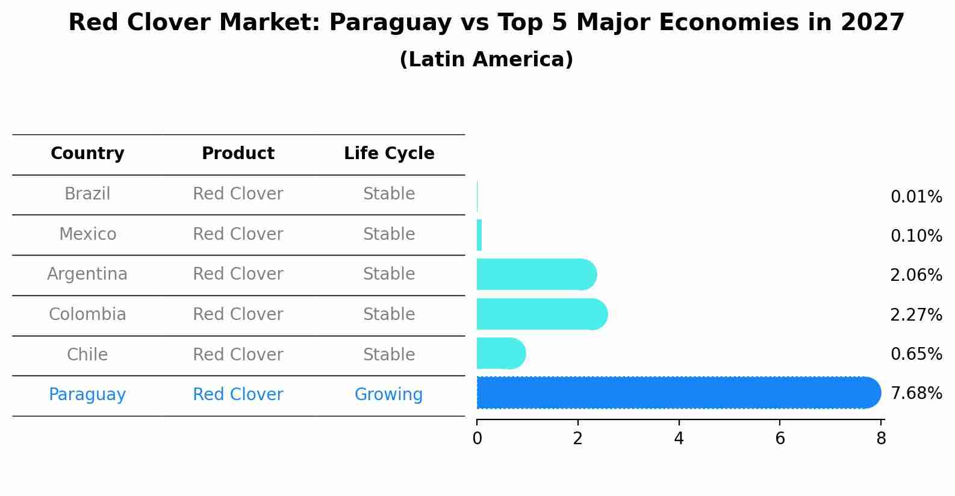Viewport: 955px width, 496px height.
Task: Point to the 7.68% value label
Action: point(916,394)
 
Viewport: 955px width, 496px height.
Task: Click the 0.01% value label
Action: point(916,197)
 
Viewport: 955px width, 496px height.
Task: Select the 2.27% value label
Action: point(916,315)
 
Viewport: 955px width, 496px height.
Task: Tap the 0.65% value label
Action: point(916,354)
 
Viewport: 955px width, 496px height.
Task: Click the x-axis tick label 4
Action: point(679,439)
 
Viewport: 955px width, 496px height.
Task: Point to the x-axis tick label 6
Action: point(780,439)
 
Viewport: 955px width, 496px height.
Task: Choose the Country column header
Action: point(87,154)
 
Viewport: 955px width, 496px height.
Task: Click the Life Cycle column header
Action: point(389,154)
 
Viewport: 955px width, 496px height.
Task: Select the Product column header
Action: point(238,154)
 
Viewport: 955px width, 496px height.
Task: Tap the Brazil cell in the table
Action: point(87,194)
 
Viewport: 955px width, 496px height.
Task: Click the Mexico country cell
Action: point(87,234)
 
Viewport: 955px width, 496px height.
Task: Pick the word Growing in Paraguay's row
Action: point(388,395)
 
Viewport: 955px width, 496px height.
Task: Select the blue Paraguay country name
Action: point(87,395)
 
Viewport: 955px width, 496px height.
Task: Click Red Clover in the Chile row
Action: point(238,354)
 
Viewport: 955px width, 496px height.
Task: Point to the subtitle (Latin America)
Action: point(486,60)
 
